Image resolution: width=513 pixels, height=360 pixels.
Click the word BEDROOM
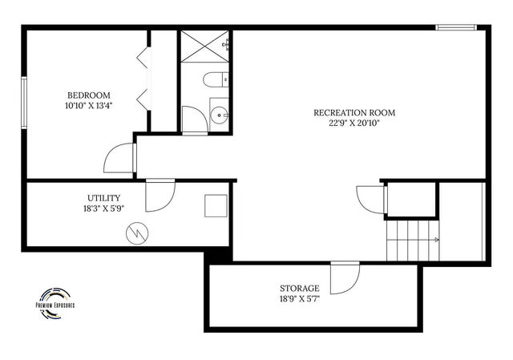pyautogui.click(x=88, y=94)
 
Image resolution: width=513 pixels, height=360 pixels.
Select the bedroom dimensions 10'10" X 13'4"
pyautogui.click(x=88, y=105)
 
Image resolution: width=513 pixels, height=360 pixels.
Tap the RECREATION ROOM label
pyautogui.click(x=354, y=112)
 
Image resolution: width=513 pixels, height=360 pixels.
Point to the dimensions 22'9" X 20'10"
pyautogui.click(x=354, y=123)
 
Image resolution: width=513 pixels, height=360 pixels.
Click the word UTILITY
pyautogui.click(x=104, y=197)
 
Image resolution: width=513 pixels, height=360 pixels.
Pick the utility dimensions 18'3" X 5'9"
pyautogui.click(x=104, y=208)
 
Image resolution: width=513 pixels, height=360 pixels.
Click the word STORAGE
pyautogui.click(x=299, y=288)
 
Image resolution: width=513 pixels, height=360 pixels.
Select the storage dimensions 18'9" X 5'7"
pyautogui.click(x=299, y=299)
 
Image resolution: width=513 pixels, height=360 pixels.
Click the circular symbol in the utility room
pyautogui.click(x=138, y=233)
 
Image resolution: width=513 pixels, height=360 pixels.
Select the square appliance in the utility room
pyautogui.click(x=215, y=206)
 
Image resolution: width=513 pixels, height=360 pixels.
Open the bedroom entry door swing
pyautogui.click(x=120, y=157)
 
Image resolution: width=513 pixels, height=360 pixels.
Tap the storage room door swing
pyautogui.click(x=345, y=277)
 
